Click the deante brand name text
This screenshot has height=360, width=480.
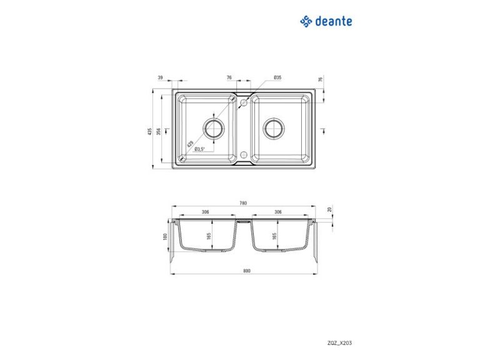click(333, 21)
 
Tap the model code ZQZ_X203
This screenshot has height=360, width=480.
click(339, 343)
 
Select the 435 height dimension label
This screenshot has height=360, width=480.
click(150, 131)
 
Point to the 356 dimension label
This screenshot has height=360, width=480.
click(158, 131)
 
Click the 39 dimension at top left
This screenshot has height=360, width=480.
click(161, 77)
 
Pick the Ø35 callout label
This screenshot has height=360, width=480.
click(277, 77)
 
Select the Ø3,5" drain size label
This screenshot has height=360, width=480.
click(199, 149)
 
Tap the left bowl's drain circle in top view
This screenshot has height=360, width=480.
click(214, 128)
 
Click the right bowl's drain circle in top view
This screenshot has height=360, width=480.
click(274, 128)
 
